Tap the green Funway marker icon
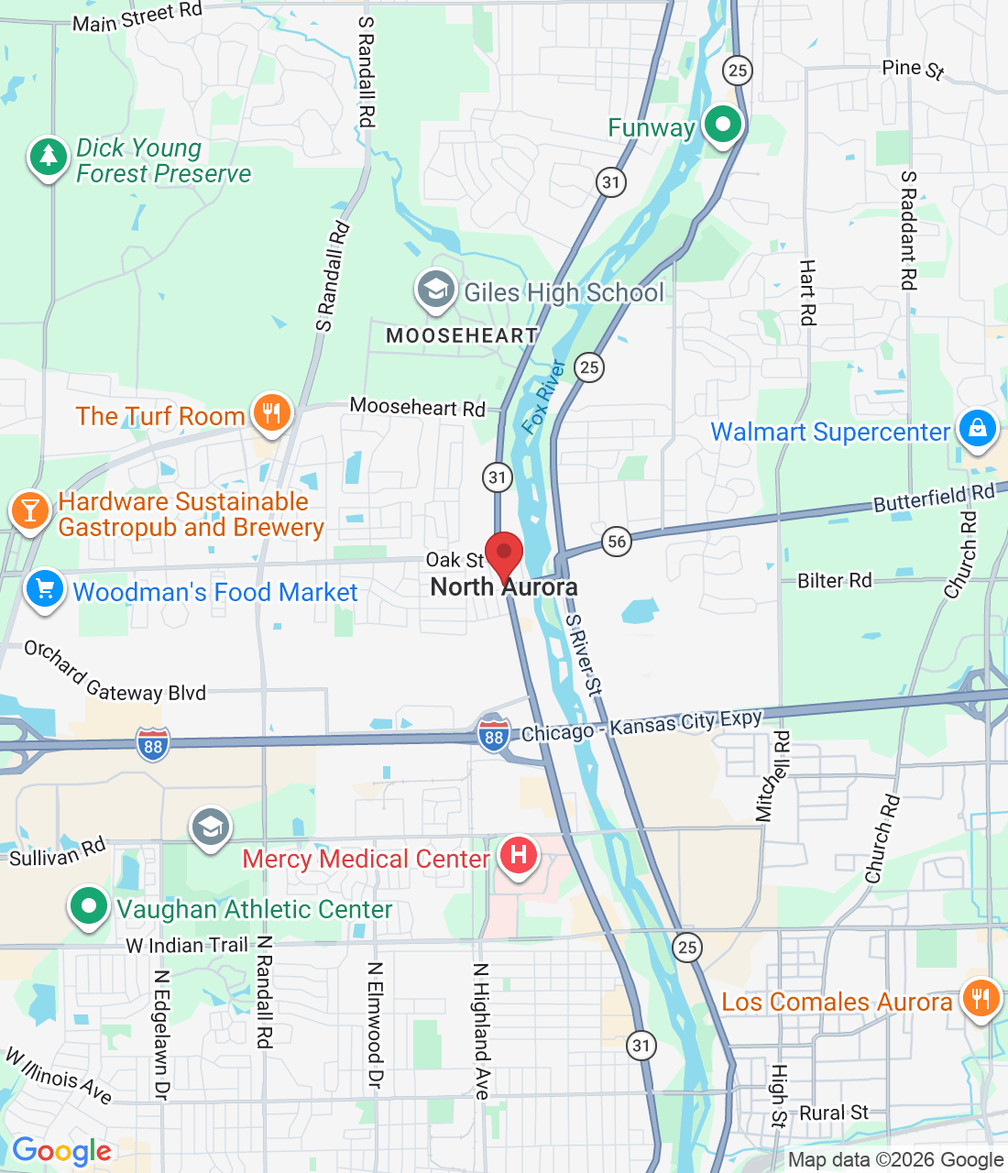tap(722, 125)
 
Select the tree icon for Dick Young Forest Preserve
tap(48, 158)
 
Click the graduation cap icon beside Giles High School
tap(435, 291)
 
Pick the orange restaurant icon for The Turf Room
tap(270, 413)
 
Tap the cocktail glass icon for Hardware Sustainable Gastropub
tap(30, 510)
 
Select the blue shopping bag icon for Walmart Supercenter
tap(977, 429)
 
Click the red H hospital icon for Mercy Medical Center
tap(519, 856)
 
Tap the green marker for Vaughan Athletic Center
tap(89, 907)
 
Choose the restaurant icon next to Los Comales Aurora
tap(981, 999)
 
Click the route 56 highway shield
tap(618, 541)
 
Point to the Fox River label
tap(543, 396)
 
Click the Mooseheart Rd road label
tap(417, 407)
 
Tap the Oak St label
tap(455, 560)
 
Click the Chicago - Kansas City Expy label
tap(641, 726)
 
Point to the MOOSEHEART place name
tap(462, 336)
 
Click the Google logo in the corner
tap(61, 1151)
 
